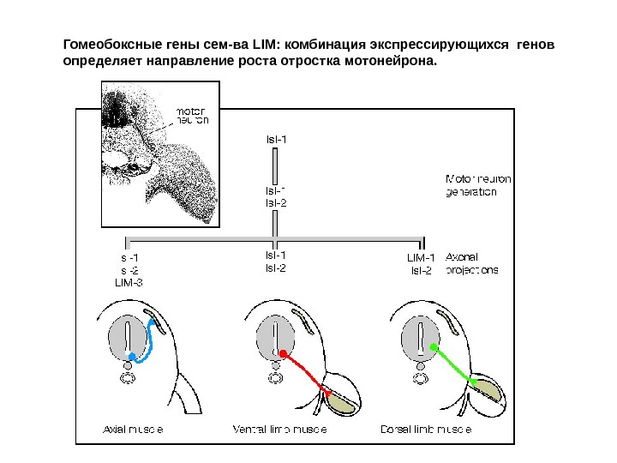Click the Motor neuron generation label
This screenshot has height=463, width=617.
478,185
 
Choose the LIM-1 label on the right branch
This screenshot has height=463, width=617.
421,256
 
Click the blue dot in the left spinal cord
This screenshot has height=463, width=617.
131,355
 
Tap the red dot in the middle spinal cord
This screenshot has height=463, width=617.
282,352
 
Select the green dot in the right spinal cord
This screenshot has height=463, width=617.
434,347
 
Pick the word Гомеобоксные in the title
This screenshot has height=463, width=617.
110,44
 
